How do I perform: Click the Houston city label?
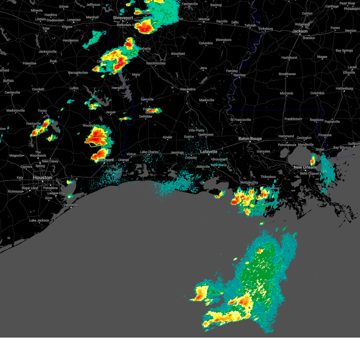point(42,178)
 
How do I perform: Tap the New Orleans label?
point(305,167)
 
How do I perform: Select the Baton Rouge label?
point(250,139)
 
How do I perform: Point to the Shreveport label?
point(123,18)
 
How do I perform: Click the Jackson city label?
point(300,31)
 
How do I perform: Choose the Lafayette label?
point(208,152)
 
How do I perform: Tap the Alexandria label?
point(187,89)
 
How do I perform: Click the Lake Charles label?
point(149,152)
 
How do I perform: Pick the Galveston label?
point(71,205)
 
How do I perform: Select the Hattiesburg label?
point(344,88)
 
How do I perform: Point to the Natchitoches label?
point(156,63)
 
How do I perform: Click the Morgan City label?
point(249,182)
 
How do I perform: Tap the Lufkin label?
point(74,88)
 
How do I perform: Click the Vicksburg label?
point(265,29)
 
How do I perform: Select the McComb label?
point(286,93)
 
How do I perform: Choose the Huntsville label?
point(33,124)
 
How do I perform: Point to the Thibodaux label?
point(268,177)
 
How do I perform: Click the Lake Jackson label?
point(39,220)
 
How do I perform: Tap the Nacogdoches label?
point(78,73)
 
